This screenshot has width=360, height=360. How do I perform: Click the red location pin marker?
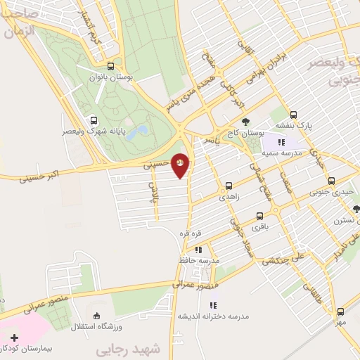(x=180, y=164)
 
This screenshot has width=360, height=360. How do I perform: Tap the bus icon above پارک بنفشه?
(x=293, y=115)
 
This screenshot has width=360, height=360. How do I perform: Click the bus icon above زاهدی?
(x=229, y=186)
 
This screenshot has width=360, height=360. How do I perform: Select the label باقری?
(x=261, y=228)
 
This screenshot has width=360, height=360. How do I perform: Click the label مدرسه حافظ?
(x=200, y=260)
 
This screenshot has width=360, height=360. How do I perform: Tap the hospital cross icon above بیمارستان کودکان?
(x=14, y=338)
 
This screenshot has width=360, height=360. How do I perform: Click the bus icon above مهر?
(x=341, y=311)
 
